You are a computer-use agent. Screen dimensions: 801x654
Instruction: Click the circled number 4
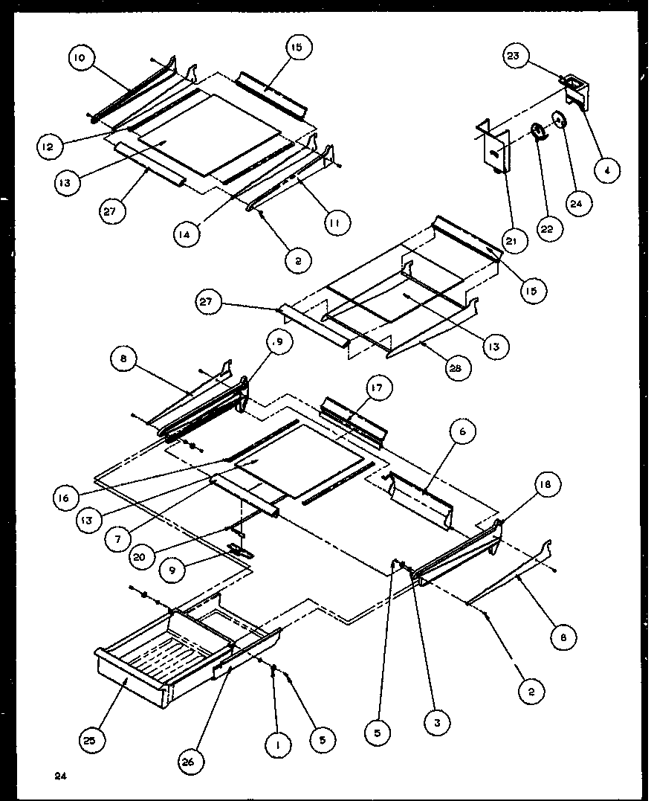click(607, 170)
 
